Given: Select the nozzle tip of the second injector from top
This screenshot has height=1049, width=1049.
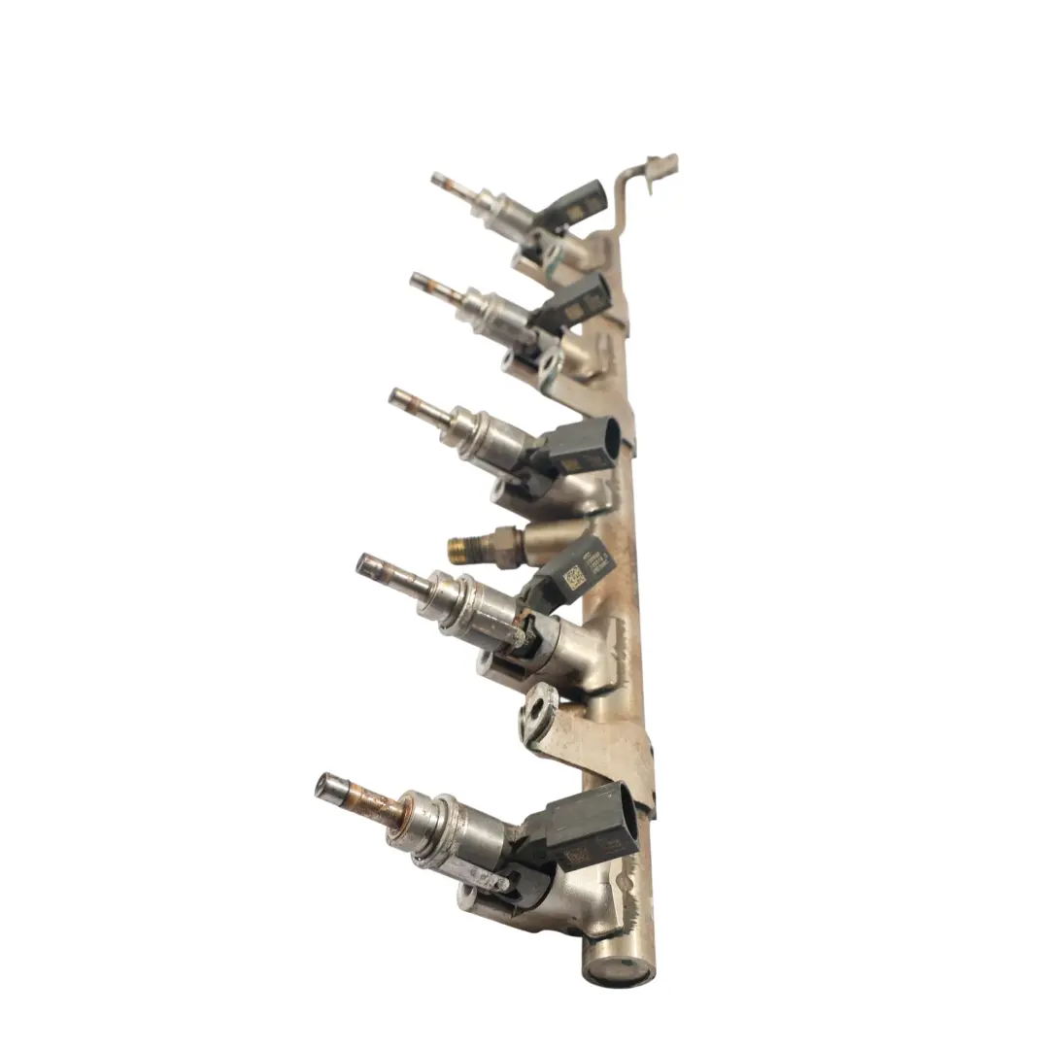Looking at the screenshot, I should pyautogui.click(x=418, y=280).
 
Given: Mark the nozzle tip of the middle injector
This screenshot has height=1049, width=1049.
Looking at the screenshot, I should pyautogui.click(x=396, y=396).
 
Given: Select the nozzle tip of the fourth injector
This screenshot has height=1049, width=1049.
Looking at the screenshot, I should pyautogui.click(x=365, y=562).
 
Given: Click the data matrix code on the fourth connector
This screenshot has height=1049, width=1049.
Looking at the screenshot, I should pyautogui.click(x=574, y=575).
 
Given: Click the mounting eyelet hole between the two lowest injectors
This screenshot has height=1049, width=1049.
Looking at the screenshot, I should pyautogui.click(x=538, y=703).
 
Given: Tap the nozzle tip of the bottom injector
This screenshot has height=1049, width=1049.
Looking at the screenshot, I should pyautogui.click(x=326, y=785).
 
